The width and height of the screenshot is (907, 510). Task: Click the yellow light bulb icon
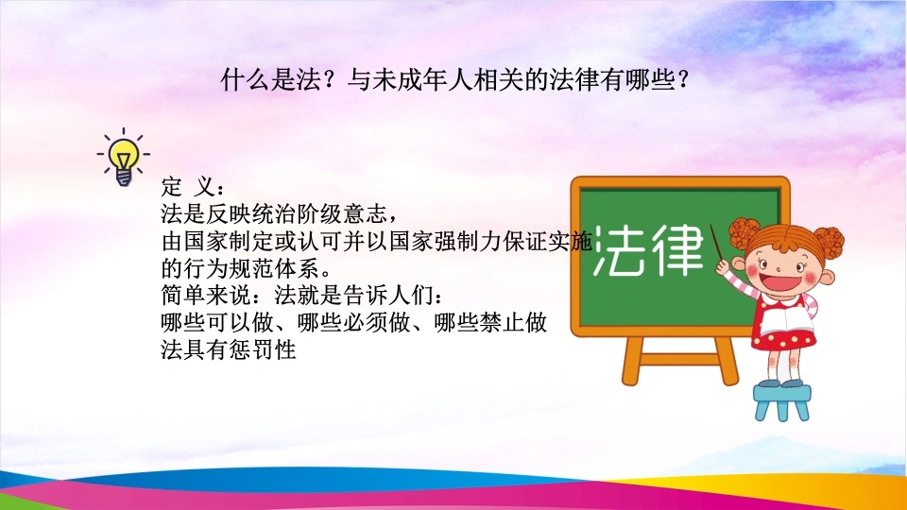tap(123, 158)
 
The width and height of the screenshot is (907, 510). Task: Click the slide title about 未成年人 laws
tap(455, 79)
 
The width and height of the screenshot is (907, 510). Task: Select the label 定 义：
tap(193, 187)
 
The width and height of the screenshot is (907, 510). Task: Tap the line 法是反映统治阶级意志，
tap(280, 214)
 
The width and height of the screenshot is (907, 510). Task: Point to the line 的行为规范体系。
tap(247, 268)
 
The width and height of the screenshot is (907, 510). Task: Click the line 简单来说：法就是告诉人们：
tap(303, 296)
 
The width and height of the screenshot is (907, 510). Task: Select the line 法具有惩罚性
tap(229, 349)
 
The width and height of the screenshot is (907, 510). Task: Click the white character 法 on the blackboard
tap(618, 250)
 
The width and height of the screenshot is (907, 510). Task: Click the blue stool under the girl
tap(781, 402)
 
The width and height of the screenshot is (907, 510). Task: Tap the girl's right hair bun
tap(829, 243)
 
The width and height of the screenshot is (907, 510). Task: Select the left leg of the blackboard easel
tap(633, 361)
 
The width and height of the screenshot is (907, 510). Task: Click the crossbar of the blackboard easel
tap(680, 360)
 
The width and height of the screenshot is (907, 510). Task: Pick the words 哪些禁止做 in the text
tap(490, 323)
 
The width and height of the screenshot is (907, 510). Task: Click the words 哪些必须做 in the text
tap(354, 323)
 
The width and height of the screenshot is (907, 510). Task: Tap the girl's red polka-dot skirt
tap(784, 339)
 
